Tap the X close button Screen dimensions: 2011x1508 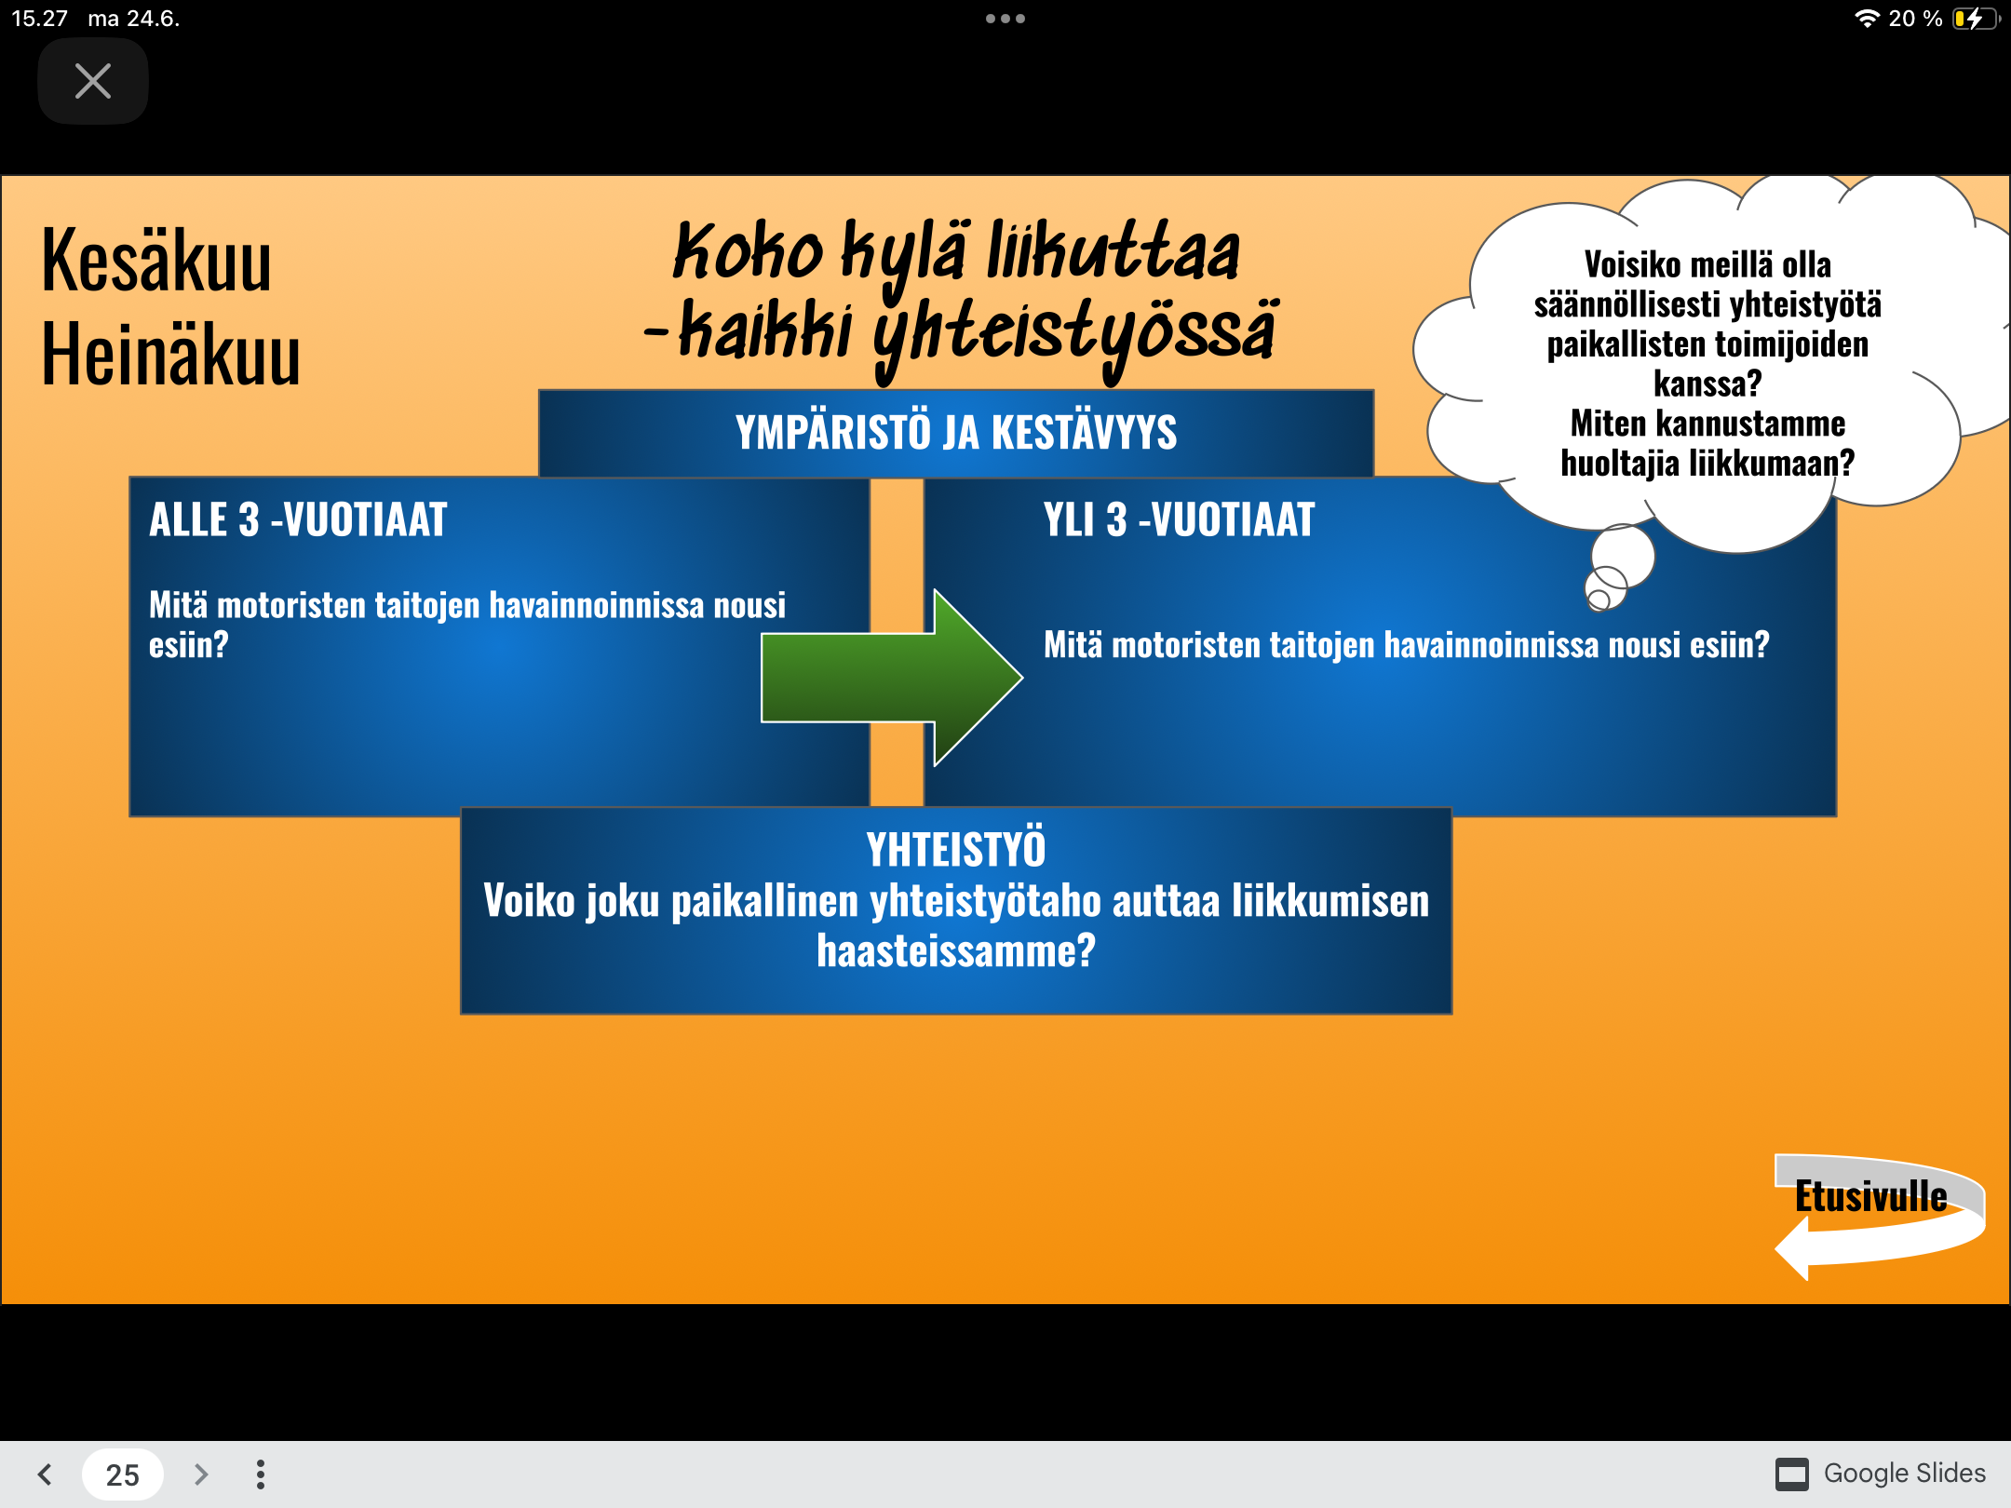tap(93, 81)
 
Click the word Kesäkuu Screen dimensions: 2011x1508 tap(156, 261)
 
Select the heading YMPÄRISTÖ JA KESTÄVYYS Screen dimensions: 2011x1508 tap(956, 433)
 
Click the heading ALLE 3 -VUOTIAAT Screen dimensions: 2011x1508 tap(298, 519)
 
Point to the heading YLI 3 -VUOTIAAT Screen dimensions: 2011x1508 tap(1179, 519)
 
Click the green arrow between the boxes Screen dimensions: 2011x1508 tap(892, 678)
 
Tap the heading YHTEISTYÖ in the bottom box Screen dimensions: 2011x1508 tap(956, 849)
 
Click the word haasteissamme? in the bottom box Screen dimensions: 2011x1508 tap(956, 950)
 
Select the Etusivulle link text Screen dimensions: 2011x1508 tap(1871, 1197)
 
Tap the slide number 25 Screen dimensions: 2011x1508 tap(123, 1474)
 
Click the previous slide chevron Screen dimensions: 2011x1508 tap(45, 1474)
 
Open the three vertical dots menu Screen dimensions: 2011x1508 tap(261, 1474)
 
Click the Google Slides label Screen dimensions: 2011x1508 tap(1904, 1474)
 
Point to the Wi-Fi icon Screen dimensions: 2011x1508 tap(1867, 19)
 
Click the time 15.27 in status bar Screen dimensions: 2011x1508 tap(39, 19)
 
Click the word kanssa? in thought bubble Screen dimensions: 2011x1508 tap(1707, 384)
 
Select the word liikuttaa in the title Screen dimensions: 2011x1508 tap(1113, 251)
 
